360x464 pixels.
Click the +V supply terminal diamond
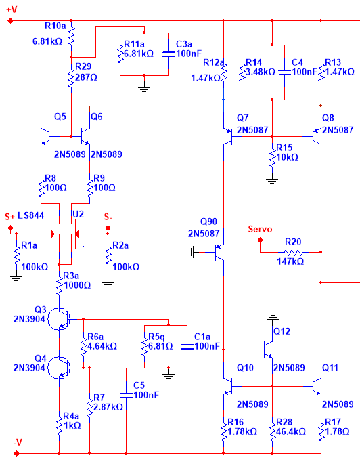pyautogui.click(x=10, y=21)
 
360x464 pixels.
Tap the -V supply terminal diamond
pyautogui.click(x=16, y=453)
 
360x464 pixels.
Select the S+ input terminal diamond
pyautogui.click(x=10, y=228)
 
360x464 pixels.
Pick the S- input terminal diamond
pyautogui.click(x=108, y=228)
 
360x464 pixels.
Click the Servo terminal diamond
pyautogui.click(x=260, y=240)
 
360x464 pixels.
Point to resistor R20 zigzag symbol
pyautogui.click(x=293, y=253)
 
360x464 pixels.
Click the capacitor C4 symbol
pyautogui.click(x=284, y=72)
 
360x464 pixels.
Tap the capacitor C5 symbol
pyautogui.click(x=127, y=396)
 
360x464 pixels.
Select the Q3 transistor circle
pyautogui.click(x=59, y=319)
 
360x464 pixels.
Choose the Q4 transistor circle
pyautogui.click(x=59, y=368)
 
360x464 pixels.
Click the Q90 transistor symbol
pyautogui.click(x=219, y=252)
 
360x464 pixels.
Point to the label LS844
pyautogui.click(x=30, y=215)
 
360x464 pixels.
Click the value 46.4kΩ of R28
pyautogui.click(x=291, y=431)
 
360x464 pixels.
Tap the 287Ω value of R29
pyautogui.click(x=86, y=77)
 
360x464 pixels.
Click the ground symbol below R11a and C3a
pyautogui.click(x=144, y=89)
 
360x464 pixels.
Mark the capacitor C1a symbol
pyautogui.click(x=187, y=347)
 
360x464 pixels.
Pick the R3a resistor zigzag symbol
pyautogui.click(x=59, y=285)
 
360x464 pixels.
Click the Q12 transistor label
pyautogui.click(x=282, y=331)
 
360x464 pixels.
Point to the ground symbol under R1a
pyautogui.click(x=16, y=278)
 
